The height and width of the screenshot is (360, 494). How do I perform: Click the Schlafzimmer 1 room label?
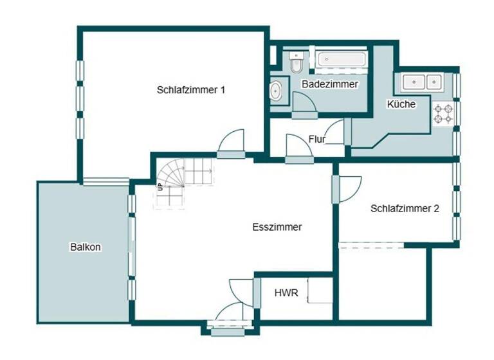tap(190, 90)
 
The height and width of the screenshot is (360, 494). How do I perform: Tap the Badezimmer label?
tap(329, 84)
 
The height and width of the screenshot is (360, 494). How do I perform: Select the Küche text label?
tap(401, 104)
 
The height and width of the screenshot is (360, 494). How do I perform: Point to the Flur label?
tap(316, 139)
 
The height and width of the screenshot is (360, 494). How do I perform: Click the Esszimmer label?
tap(277, 227)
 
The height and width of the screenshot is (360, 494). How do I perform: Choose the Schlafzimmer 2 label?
tap(405, 208)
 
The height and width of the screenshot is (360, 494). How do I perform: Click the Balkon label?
tap(86, 246)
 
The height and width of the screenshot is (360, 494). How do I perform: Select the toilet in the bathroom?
tap(296, 62)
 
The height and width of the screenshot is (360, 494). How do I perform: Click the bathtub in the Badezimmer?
tap(342, 60)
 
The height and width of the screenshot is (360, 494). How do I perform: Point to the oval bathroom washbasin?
tap(277, 91)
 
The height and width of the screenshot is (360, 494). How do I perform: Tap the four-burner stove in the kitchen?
tap(443, 114)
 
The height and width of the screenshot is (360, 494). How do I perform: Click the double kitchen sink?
tap(422, 82)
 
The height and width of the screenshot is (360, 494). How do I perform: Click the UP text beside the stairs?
tap(160, 187)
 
